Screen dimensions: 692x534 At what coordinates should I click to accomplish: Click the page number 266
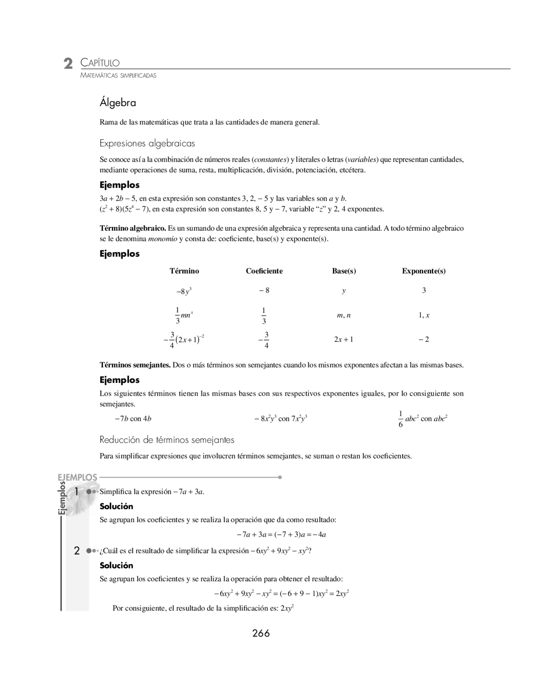(261, 633)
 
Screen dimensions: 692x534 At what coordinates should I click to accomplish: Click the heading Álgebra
(118, 102)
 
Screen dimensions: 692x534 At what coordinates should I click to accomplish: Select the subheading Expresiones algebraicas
(147, 143)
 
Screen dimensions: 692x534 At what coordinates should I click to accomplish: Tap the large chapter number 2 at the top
(68, 64)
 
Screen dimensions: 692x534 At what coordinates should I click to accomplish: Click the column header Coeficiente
(264, 271)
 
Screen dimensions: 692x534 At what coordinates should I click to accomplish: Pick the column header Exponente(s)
(423, 271)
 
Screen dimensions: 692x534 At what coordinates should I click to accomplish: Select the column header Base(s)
(344, 271)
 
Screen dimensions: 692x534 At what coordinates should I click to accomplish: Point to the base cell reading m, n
(344, 315)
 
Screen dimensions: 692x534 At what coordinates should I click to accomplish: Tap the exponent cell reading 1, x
(424, 315)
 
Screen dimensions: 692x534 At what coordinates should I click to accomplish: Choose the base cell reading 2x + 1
(344, 339)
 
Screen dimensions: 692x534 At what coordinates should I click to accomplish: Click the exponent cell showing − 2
(424, 339)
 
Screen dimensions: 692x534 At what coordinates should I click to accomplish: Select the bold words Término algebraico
(133, 228)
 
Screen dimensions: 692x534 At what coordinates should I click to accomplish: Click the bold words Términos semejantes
(135, 365)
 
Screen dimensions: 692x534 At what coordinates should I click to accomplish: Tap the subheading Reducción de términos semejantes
(167, 440)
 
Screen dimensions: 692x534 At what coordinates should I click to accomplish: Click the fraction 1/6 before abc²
(400, 419)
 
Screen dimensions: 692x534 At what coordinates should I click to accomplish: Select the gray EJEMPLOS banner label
(78, 477)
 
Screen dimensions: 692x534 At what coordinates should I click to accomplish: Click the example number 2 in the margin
(77, 551)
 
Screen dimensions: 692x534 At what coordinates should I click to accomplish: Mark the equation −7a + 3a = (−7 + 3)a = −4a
(281, 534)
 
